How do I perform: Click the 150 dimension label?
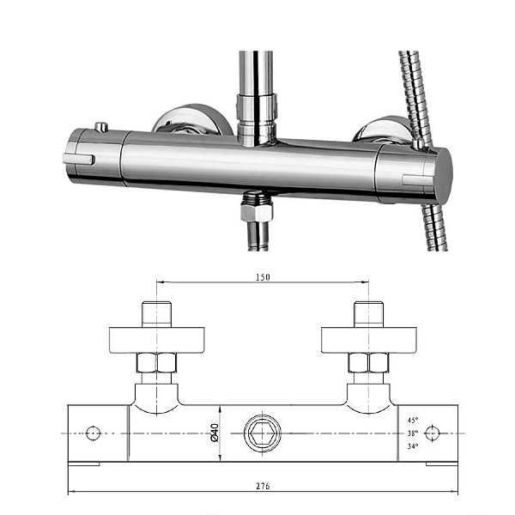point(263,277)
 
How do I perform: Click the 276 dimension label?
point(263,486)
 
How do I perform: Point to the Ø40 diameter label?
point(214,433)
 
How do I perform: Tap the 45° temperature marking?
point(413,420)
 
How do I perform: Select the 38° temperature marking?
point(413,433)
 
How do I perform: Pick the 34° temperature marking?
point(413,446)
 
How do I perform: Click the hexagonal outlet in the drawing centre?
point(263,433)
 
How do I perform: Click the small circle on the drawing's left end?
point(93,433)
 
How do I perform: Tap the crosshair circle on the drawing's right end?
point(432,433)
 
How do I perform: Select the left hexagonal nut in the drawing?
point(156,363)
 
